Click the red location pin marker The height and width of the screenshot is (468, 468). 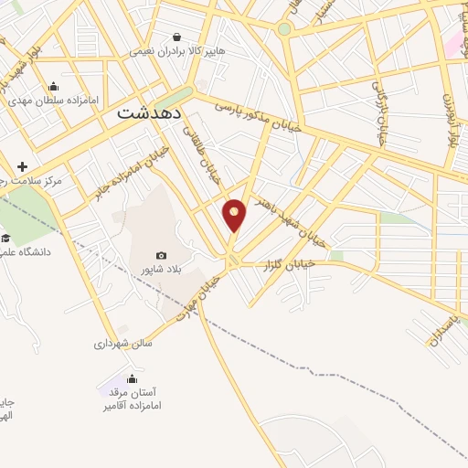coord(235,214)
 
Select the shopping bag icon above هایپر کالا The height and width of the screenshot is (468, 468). coord(177,37)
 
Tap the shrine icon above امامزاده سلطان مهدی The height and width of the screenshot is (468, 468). coord(67,86)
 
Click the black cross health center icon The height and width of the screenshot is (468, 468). coord(22,165)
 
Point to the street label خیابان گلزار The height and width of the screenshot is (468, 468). coord(317,263)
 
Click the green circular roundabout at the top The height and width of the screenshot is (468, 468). coord(284,29)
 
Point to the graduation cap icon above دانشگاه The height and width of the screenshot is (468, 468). coord(5,237)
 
